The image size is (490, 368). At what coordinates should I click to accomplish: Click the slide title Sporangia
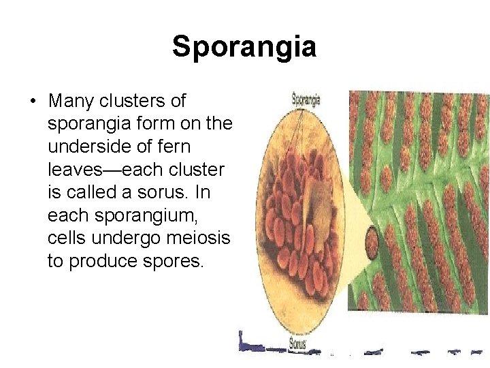[x=244, y=47]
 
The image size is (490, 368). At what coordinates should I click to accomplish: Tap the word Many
[x=71, y=102]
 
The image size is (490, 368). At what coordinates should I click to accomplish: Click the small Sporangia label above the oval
[x=306, y=99]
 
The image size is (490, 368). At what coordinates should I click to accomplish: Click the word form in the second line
[x=158, y=124]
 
